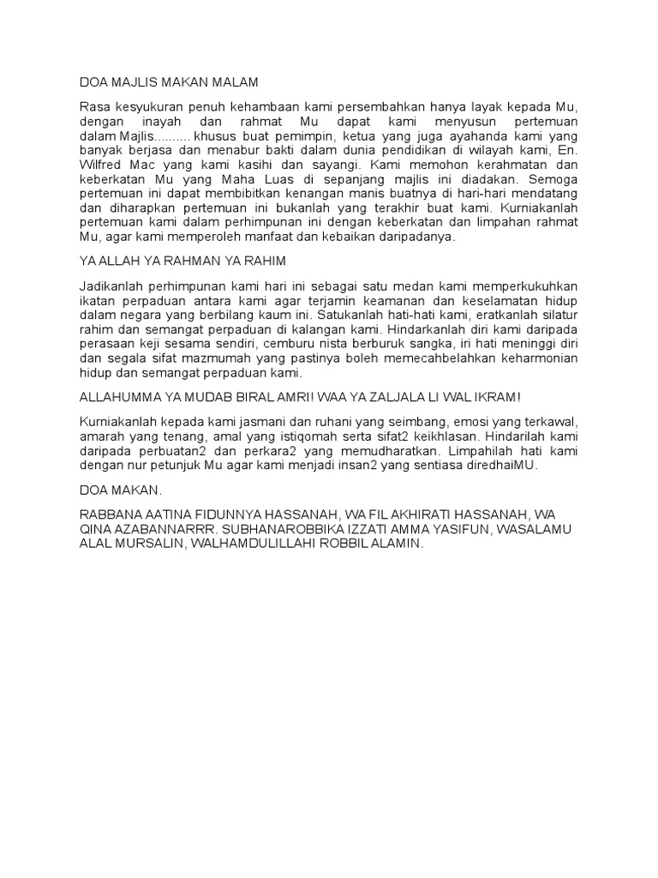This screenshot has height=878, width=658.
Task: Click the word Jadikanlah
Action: click(x=111, y=285)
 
